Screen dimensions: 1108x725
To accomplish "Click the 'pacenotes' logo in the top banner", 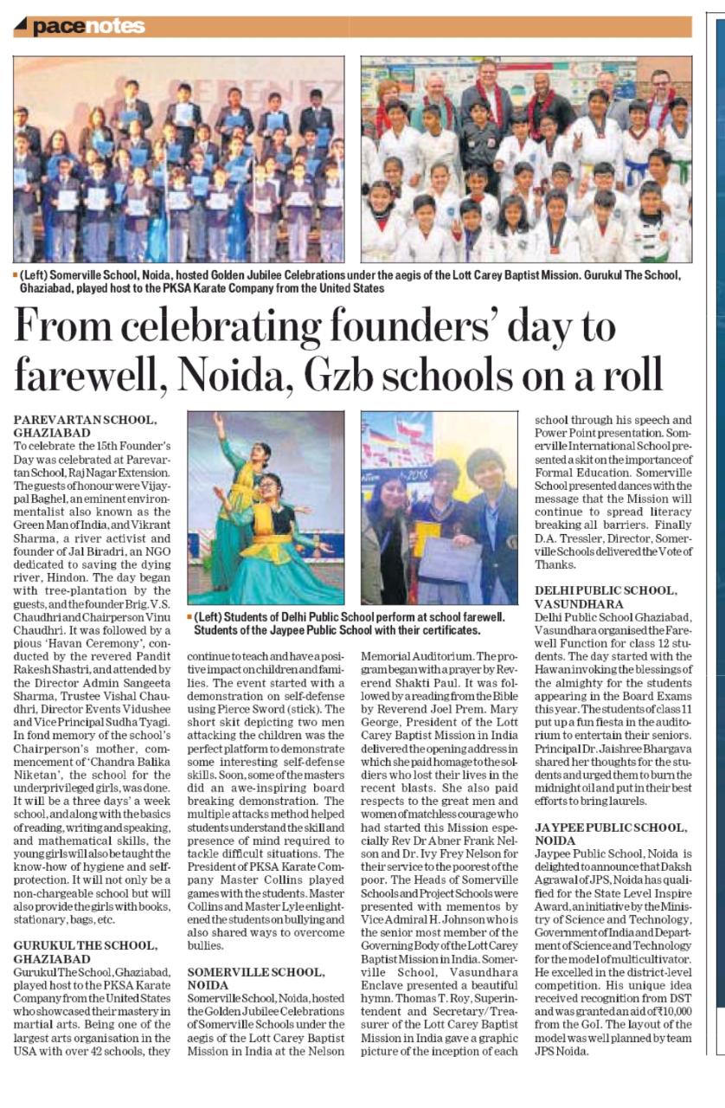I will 87,27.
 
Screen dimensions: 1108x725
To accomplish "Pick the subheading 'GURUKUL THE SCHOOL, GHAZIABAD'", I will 85,952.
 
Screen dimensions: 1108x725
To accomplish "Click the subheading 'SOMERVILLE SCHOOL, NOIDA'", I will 256,978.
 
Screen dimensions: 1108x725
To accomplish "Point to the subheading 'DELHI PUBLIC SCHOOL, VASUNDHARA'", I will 601,596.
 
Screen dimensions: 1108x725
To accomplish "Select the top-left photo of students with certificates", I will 178,159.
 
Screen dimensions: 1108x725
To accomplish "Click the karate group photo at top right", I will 526,159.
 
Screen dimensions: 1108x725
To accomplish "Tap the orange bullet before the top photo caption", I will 16,275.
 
